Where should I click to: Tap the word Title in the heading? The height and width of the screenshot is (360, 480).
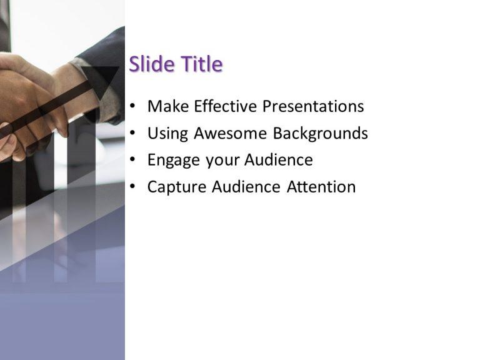tap(201, 64)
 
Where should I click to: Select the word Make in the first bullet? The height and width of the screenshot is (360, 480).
tap(168, 106)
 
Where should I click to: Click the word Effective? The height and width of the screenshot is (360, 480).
tap(226, 106)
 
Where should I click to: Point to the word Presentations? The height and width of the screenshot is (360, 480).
tap(312, 106)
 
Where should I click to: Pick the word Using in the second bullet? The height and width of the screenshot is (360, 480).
tap(168, 134)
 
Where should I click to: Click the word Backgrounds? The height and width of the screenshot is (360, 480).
tap(320, 134)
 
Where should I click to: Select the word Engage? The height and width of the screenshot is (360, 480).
tap(174, 161)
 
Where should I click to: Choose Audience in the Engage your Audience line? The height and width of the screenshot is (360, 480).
tap(279, 160)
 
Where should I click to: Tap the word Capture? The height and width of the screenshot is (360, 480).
tap(177, 187)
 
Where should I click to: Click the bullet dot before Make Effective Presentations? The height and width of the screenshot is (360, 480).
tap(132, 107)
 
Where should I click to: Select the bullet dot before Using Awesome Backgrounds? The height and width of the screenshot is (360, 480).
tap(132, 134)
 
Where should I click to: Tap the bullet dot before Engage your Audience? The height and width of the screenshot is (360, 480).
tap(132, 161)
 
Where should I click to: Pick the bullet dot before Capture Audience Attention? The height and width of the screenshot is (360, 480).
tap(132, 187)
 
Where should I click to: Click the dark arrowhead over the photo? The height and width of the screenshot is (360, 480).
tap(102, 79)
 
